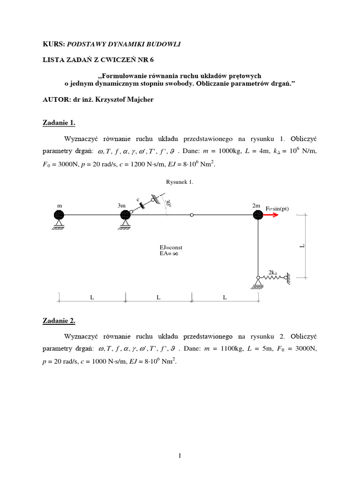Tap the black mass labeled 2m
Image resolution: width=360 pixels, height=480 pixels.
[257, 215]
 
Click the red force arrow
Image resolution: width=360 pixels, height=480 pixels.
[270, 215]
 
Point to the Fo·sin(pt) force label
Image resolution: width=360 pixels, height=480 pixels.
[278, 208]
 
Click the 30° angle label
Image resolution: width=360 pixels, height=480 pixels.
[168, 204]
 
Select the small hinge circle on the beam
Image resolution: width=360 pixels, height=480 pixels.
[192, 215]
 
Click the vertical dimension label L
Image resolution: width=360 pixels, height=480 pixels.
[302, 246]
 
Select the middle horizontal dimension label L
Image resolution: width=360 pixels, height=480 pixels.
[158, 297]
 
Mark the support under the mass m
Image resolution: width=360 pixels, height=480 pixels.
[58, 226]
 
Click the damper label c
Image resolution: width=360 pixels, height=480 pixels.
[138, 200]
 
